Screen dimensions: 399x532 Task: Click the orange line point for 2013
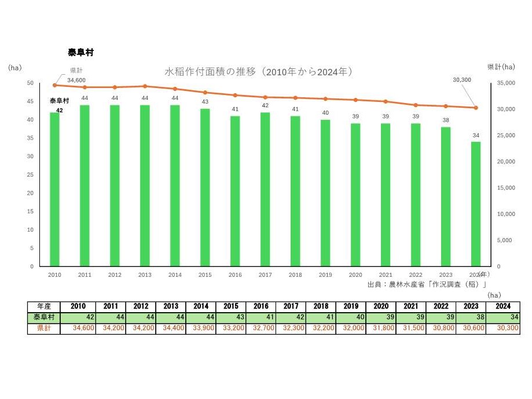[145, 86]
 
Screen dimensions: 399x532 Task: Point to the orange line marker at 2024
[476, 108]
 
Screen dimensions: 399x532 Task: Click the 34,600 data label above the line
[76, 80]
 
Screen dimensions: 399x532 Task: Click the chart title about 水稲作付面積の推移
[259, 72]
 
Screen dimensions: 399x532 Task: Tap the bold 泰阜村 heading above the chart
[80, 52]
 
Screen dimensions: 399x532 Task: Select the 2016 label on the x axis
[235, 274]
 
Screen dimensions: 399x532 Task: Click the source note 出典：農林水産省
[427, 284]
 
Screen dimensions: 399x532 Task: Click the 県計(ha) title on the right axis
[501, 67]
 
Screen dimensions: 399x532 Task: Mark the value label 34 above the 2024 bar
[476, 136]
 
